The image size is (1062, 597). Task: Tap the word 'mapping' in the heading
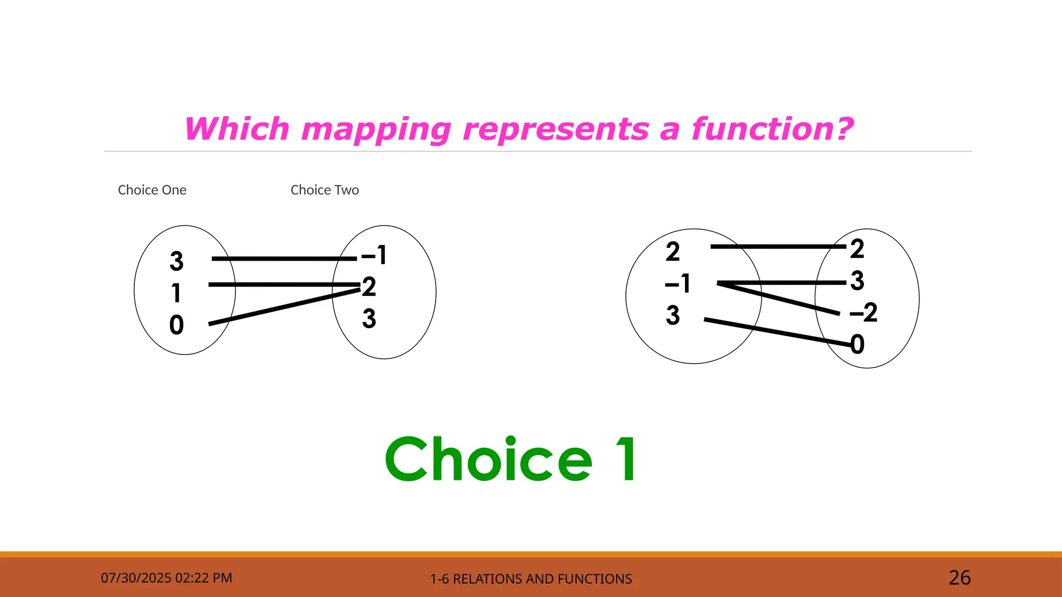[376, 130]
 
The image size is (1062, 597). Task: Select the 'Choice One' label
[152, 190]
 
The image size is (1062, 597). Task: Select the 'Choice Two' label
[325, 190]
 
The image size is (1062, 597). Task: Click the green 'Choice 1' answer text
[511, 459]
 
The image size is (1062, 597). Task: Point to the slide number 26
[959, 578]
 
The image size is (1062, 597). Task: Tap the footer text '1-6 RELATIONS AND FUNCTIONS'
[531, 579]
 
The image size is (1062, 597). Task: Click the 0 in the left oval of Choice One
[177, 325]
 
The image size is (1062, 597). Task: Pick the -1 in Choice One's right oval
[374, 255]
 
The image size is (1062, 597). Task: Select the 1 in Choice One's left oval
[176, 293]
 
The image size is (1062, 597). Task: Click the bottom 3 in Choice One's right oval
[369, 318]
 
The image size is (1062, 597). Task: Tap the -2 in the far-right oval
[863, 312]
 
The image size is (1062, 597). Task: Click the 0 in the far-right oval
[858, 345]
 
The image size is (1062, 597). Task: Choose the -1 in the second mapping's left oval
[678, 283]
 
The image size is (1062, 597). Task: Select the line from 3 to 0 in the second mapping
[778, 332]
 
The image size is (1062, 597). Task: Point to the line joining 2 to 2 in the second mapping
[778, 247]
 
